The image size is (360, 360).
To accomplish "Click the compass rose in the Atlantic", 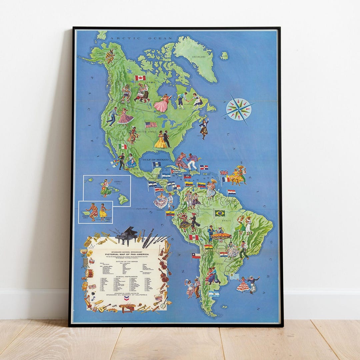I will point(239,109).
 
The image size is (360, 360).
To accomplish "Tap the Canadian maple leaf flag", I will point(140,78).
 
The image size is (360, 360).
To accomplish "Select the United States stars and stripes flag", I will point(151,125).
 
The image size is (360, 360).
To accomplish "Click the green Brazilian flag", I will point(219,213).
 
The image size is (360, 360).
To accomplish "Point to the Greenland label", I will point(199,57).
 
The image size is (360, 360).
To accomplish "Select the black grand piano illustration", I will point(127,235).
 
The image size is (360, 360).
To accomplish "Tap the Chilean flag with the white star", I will point(196,255).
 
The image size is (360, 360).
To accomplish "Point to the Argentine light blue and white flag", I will point(214,294).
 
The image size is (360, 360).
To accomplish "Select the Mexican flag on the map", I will point(123,146).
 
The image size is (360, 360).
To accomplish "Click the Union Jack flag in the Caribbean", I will point(224,173).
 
